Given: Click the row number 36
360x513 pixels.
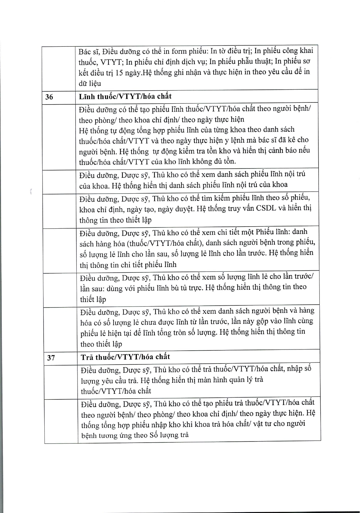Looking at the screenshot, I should point(49,97).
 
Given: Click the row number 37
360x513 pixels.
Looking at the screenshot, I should point(51,357).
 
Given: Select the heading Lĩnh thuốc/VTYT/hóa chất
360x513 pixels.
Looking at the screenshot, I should point(125,96).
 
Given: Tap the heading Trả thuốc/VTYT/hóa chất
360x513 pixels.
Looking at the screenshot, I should point(125,357).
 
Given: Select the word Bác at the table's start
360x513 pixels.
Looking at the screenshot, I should point(85,52).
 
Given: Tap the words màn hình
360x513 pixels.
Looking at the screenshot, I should point(208,380).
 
